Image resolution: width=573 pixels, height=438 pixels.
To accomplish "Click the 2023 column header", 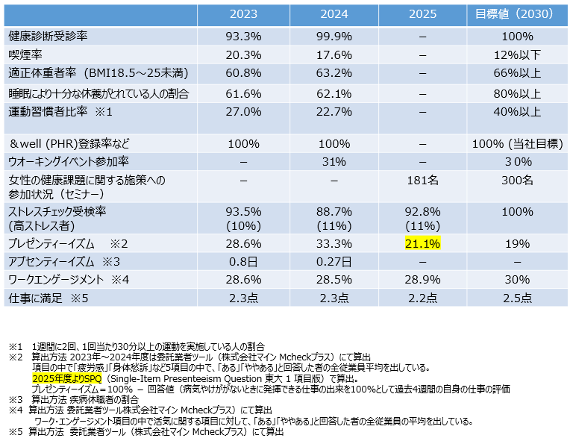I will click(243, 14).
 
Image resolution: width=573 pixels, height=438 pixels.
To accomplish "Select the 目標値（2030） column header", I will click(517, 14).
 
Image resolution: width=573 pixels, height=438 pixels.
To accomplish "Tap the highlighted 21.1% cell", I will click(423, 243).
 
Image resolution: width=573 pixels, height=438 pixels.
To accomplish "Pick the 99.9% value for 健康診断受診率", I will click(334, 35).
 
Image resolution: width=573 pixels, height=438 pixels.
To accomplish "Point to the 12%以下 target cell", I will click(517, 54).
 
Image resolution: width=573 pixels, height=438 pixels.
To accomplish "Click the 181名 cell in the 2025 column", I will click(423, 180).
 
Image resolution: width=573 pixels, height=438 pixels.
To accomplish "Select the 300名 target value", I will click(517, 180).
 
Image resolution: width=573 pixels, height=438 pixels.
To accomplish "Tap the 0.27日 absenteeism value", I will click(334, 261).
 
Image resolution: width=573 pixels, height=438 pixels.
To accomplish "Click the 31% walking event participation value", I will click(334, 160).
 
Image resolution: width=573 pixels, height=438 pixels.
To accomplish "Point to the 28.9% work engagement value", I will click(423, 279).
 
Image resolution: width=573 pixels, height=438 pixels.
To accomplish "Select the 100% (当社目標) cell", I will click(517, 143).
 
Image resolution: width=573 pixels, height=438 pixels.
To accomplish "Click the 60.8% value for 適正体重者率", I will click(243, 73).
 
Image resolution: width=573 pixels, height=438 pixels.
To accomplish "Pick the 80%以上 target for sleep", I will click(517, 93).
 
